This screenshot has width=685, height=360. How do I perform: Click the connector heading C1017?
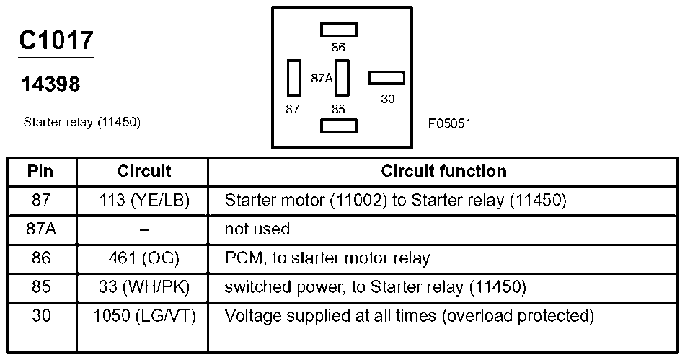point(56,40)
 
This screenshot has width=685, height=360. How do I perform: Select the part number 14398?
point(50,84)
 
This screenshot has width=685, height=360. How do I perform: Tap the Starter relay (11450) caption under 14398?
point(82,122)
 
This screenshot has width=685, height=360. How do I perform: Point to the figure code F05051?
point(449,123)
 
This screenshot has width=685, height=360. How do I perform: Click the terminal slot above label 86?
point(339,30)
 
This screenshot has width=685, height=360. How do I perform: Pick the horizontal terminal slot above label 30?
point(386,78)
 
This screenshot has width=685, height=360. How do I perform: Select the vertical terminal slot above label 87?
point(294,78)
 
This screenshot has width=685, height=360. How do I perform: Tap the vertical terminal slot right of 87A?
point(342,78)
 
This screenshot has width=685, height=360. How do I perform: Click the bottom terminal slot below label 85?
point(339,126)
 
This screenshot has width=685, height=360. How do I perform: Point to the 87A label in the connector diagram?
point(322,78)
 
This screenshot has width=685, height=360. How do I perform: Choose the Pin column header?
point(40,171)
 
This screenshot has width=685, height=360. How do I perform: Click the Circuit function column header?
point(444,171)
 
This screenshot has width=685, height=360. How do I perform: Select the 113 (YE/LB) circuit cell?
point(145,200)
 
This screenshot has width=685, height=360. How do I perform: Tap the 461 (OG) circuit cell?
point(144,258)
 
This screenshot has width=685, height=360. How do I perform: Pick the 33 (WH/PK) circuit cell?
point(144,287)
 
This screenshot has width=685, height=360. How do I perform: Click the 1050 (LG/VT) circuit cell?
point(145,316)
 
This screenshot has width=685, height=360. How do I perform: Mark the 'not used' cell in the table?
point(257,229)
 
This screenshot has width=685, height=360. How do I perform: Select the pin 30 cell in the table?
point(41,315)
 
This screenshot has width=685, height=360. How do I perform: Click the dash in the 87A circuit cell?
point(145,229)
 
